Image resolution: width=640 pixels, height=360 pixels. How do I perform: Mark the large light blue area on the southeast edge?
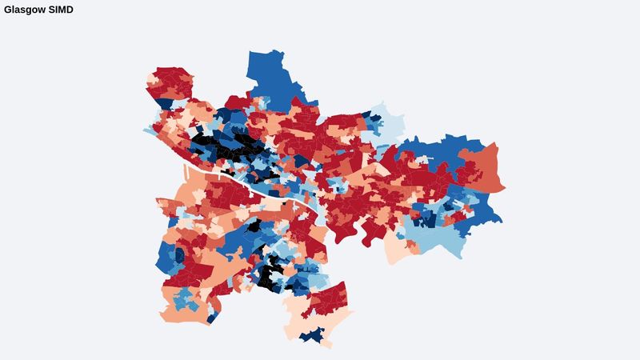click(x=440, y=236)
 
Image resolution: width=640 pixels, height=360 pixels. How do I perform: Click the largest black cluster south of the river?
click(x=268, y=276)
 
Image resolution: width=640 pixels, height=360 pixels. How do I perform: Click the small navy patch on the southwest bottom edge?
click(x=212, y=319)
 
